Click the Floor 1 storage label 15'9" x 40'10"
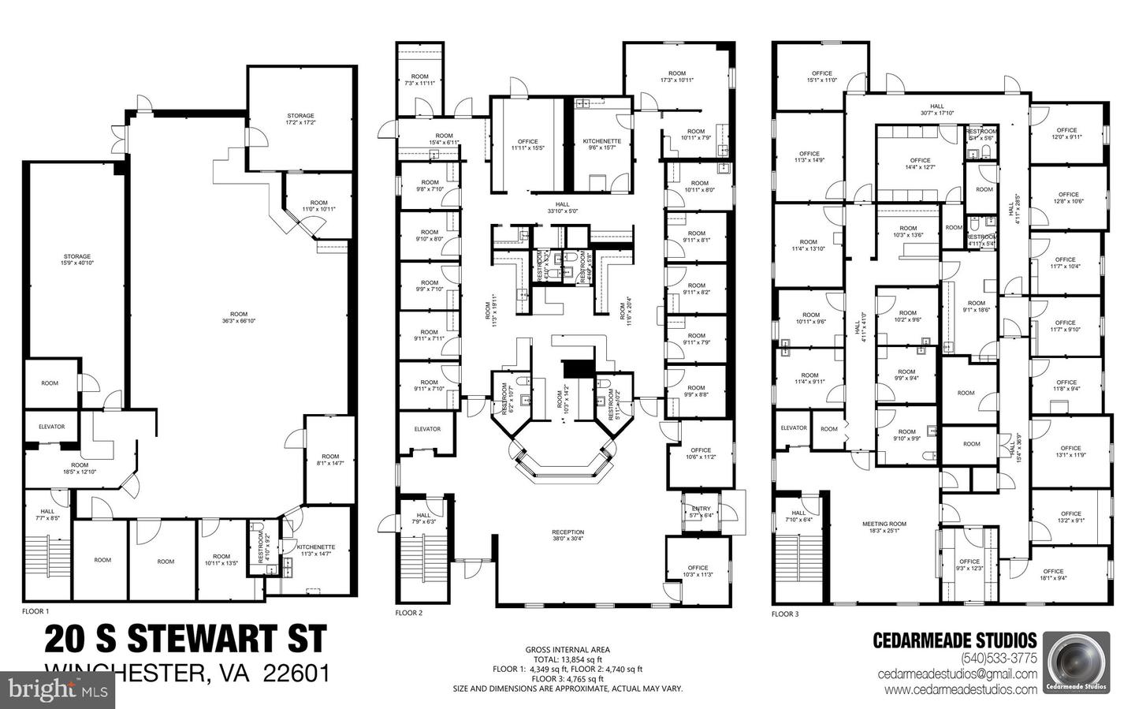point(77,259)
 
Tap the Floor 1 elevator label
point(52,427)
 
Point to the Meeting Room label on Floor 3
point(884,527)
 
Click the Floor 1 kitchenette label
point(315,550)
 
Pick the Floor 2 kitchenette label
point(602,144)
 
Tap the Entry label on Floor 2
point(701,512)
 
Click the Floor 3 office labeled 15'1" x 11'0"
point(821,76)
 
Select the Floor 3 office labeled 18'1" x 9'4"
point(1053,575)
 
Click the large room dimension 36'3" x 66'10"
point(239,319)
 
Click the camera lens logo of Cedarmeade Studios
point(1076,661)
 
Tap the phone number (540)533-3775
point(998,659)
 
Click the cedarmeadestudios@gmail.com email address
point(958,674)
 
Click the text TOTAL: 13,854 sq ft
point(567,659)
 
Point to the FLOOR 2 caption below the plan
point(408,612)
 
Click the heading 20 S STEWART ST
point(185,639)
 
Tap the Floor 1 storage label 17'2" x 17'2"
point(300,119)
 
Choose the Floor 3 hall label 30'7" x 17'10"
point(936,109)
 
